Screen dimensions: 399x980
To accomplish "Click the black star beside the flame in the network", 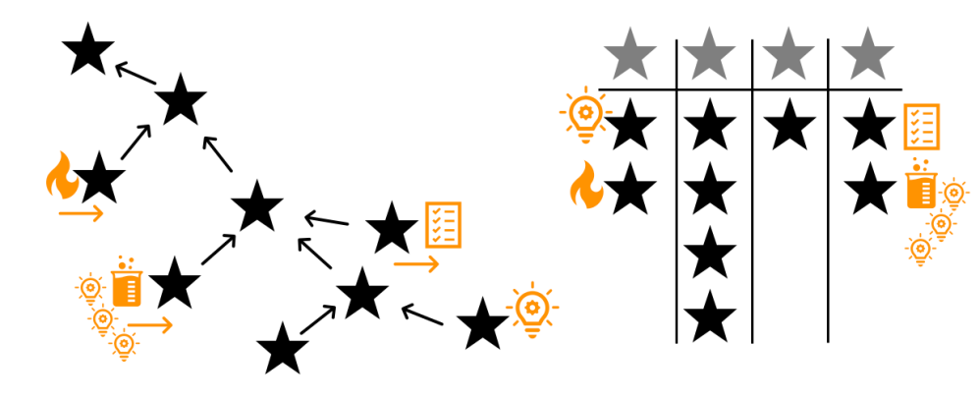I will pyautogui.click(x=99, y=180).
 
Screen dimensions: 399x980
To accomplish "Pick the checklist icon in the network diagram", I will pyautogui.click(x=443, y=224).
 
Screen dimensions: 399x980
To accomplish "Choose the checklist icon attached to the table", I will pyautogui.click(x=921, y=126).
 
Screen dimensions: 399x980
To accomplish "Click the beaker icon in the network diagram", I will pyautogui.click(x=124, y=283).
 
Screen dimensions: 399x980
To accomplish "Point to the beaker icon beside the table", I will pyautogui.click(x=919, y=184).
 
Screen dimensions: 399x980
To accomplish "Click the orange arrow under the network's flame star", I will pyautogui.click(x=81, y=213).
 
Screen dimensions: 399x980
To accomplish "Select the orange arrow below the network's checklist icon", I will pyautogui.click(x=416, y=263).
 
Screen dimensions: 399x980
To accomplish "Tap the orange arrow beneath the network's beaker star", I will pyautogui.click(x=150, y=323).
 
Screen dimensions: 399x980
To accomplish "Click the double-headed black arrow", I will pyautogui.click(x=316, y=318).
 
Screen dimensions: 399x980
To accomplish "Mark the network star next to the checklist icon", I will pyautogui.click(x=393, y=228).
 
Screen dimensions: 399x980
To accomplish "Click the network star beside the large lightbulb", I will pyautogui.click(x=483, y=323).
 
